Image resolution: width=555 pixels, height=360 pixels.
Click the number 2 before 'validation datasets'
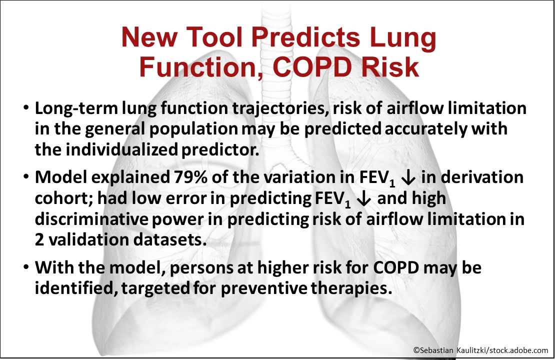pos(39,239)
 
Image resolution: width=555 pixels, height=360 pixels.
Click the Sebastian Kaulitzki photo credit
pos(480,350)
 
